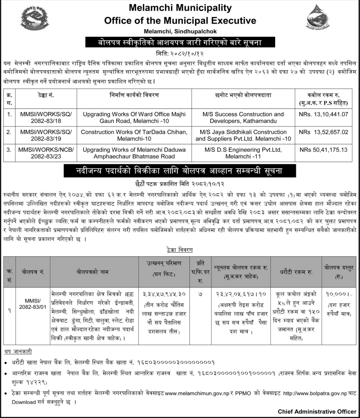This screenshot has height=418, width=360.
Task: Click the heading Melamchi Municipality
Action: pyautogui.click(x=180, y=7)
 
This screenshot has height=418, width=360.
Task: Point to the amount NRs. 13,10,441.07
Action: pyautogui.click(x=324, y=114)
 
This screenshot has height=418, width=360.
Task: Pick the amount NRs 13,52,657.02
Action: pyautogui.click(x=324, y=132)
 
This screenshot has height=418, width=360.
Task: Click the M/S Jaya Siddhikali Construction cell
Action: pyautogui.click(x=243, y=135)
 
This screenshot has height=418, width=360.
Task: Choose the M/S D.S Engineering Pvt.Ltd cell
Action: pyautogui.click(x=243, y=153)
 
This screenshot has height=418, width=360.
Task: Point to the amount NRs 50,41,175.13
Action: pyautogui.click(x=324, y=150)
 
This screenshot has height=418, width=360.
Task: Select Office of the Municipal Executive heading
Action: pyautogui.click(x=180, y=20)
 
